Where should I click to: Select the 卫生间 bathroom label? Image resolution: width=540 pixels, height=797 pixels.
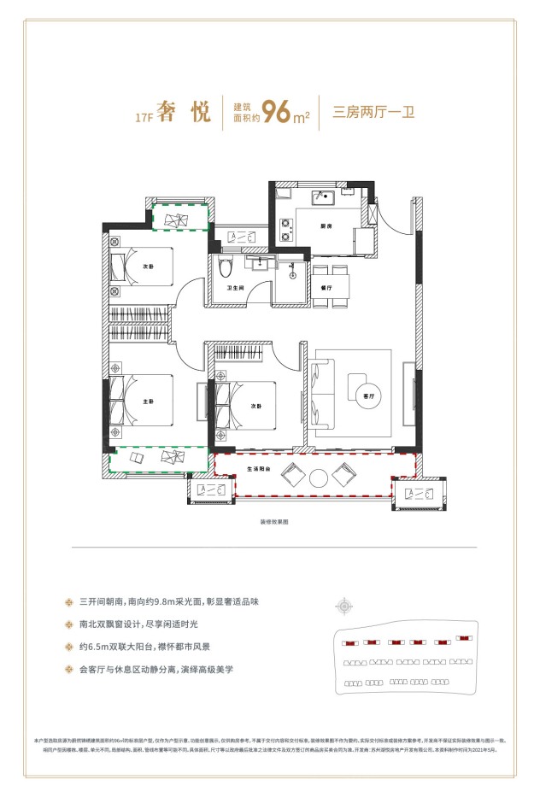237,289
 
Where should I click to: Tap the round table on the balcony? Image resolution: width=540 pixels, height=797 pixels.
320,478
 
